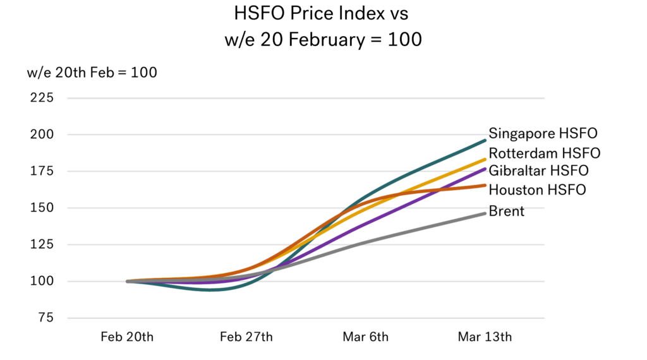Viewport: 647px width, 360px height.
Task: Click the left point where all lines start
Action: click(x=127, y=281)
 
